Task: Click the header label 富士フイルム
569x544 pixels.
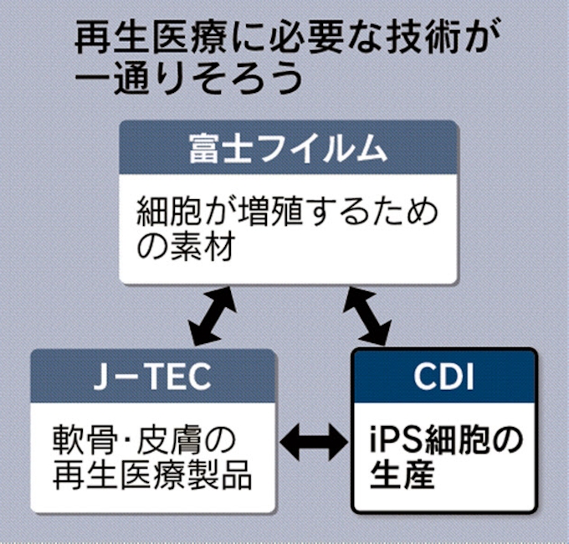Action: (289, 150)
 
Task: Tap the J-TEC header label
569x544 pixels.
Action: (153, 377)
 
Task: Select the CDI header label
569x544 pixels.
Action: (444, 377)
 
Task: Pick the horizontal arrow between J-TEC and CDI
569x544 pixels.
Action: (314, 439)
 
